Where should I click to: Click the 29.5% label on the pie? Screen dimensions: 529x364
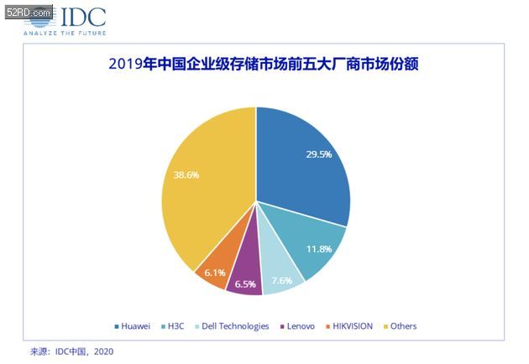(x=319, y=154)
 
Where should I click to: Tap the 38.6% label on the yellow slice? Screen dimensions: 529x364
(x=186, y=175)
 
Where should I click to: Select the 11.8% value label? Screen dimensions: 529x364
(x=319, y=249)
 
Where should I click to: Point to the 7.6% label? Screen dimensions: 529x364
(x=282, y=280)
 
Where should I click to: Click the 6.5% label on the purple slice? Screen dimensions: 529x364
(x=245, y=284)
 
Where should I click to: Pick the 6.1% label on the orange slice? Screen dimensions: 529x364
(x=215, y=273)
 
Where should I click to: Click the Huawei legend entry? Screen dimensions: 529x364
(x=133, y=326)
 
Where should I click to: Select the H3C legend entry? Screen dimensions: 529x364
(x=173, y=326)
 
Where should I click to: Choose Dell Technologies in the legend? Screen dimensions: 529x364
(x=232, y=326)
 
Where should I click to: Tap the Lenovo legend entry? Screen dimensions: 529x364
(x=297, y=326)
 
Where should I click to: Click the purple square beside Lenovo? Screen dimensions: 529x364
(x=282, y=326)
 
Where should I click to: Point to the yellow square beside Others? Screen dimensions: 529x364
(x=386, y=326)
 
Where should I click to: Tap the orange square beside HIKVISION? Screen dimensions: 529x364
(x=328, y=326)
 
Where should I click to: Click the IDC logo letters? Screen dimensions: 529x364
(x=83, y=17)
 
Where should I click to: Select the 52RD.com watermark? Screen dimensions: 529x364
(x=29, y=12)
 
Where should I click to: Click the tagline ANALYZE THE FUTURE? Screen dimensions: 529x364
(x=65, y=33)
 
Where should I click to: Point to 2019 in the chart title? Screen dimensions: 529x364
(x=126, y=64)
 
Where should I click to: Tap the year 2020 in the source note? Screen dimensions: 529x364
(x=103, y=352)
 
